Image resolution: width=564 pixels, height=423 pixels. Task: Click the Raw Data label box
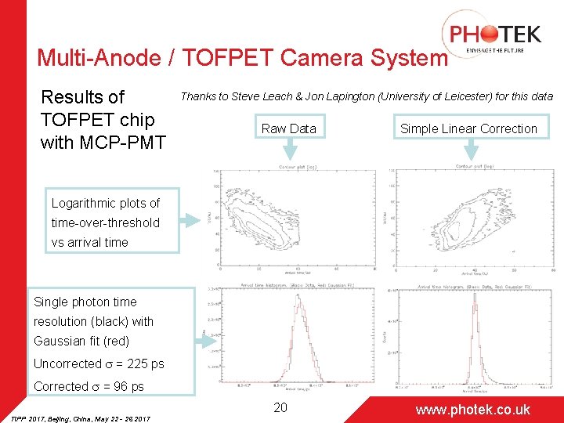(288, 128)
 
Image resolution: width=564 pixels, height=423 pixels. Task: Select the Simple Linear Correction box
(468, 128)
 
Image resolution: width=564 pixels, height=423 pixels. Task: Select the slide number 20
(280, 407)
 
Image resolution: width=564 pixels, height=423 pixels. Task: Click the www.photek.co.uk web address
(472, 409)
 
